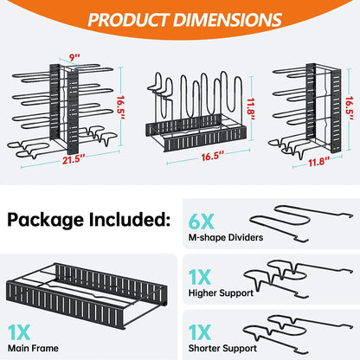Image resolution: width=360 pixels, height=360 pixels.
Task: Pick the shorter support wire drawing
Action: pyautogui.click(x=302, y=336)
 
